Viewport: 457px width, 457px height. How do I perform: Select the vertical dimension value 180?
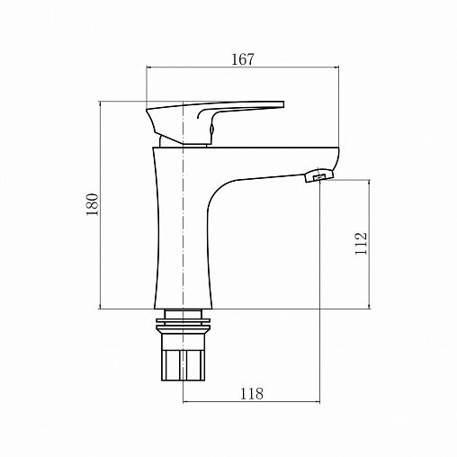tap(91, 205)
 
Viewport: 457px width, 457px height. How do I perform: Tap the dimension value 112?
tap(361, 243)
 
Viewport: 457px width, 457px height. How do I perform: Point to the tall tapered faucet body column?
tap(175, 234)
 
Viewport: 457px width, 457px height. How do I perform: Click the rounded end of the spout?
tap(335, 162)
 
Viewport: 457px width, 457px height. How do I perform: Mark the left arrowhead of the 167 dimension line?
tap(150, 68)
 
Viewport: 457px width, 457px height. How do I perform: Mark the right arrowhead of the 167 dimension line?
tap(338, 68)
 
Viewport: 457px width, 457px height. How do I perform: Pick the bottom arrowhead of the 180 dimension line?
tap(99, 306)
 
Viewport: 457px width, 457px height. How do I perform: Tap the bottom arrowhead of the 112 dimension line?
tap(369, 306)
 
